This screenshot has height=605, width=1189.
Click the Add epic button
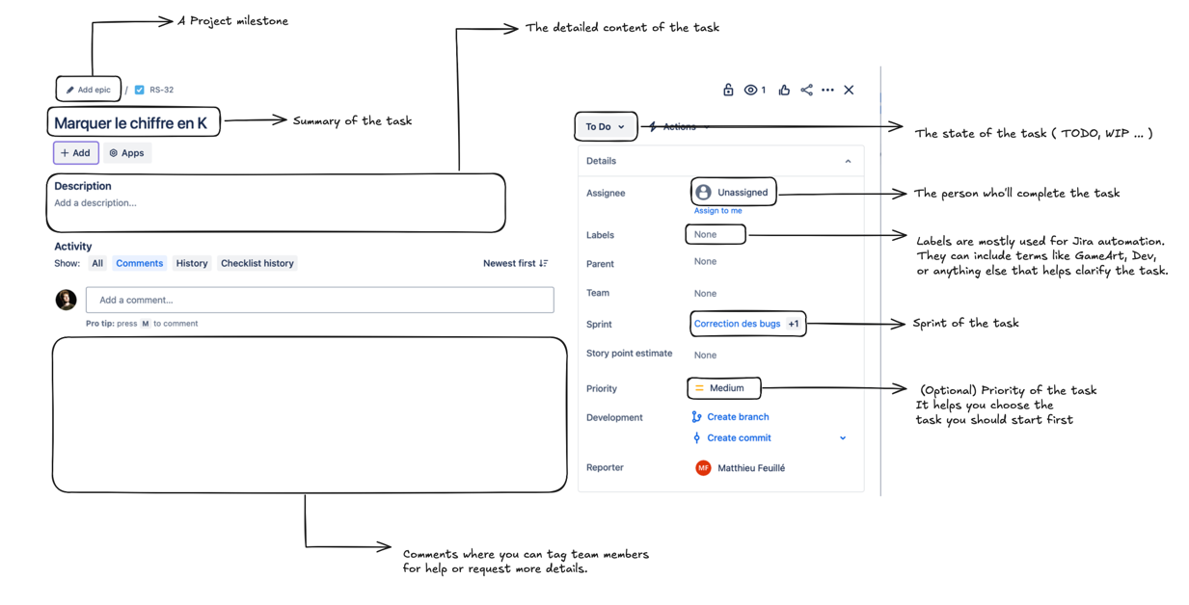click(88, 90)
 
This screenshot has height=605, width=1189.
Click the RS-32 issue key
click(160, 90)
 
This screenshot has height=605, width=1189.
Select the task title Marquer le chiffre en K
click(131, 123)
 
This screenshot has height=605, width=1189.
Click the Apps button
click(127, 153)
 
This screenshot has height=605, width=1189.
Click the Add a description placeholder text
click(95, 203)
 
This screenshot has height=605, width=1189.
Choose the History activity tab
click(192, 263)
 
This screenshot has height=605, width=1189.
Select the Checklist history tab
click(257, 263)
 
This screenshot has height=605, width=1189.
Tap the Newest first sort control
click(515, 263)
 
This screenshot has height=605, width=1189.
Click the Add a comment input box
click(319, 300)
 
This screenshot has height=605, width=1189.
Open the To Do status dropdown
click(605, 127)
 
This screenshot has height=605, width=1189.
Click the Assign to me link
click(717, 211)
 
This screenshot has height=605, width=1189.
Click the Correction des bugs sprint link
click(737, 324)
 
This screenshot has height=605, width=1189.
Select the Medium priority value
click(725, 388)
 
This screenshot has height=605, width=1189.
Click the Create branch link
click(737, 417)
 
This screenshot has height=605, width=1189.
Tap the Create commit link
click(738, 437)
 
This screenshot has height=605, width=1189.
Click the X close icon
click(849, 90)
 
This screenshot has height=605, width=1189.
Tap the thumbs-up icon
click(784, 90)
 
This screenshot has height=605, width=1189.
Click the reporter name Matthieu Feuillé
click(750, 468)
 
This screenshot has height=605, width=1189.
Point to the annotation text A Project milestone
click(232, 21)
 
